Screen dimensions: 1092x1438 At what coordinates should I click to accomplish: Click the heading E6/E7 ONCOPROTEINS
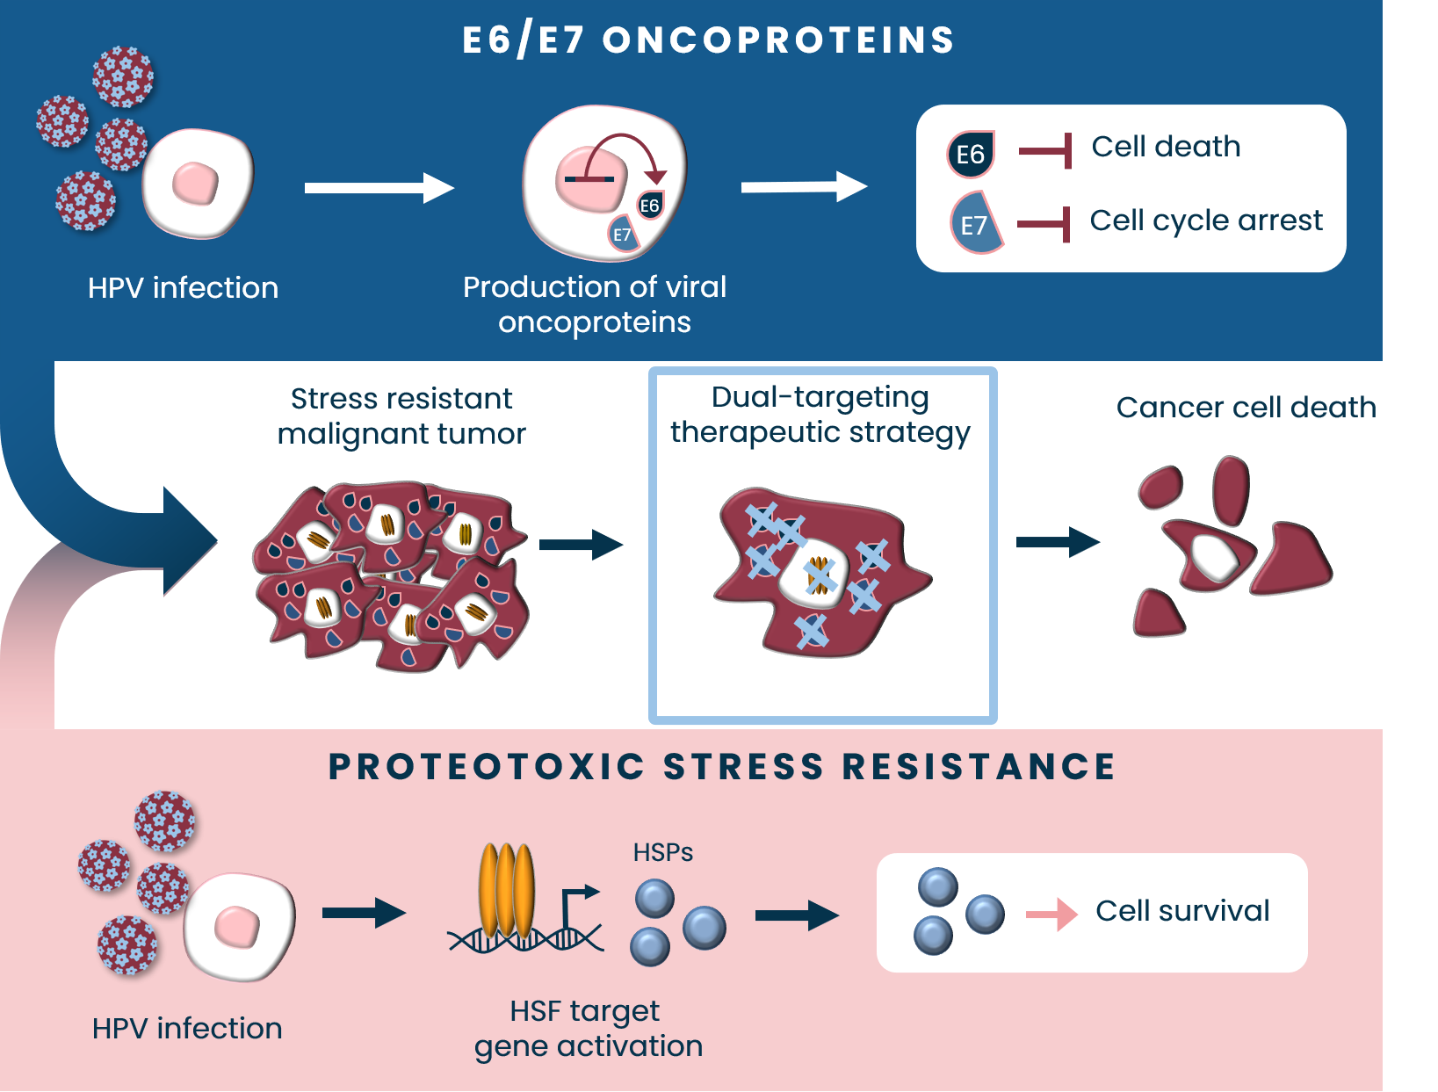tap(708, 40)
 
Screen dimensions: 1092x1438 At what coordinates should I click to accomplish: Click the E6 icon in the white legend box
tap(970, 155)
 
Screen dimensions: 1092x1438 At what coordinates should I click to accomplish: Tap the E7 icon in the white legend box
tap(974, 224)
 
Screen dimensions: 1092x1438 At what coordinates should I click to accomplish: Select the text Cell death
tap(1166, 147)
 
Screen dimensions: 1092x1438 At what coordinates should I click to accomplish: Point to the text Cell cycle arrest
tap(1205, 221)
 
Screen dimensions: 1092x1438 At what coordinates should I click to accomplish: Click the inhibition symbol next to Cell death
tap(1045, 151)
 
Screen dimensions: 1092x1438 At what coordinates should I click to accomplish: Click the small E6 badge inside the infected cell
tap(649, 206)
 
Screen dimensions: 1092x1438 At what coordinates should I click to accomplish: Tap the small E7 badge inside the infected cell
tap(622, 235)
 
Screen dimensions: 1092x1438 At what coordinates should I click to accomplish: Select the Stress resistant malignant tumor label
tap(401, 416)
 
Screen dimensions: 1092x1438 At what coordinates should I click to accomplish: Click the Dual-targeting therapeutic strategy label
tap(820, 415)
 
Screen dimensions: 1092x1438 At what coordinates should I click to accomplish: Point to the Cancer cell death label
tap(1245, 408)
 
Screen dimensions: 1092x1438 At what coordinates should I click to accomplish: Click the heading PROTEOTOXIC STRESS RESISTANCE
tap(721, 767)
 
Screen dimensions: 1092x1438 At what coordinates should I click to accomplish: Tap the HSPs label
tap(663, 852)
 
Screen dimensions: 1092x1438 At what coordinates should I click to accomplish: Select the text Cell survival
tap(1182, 911)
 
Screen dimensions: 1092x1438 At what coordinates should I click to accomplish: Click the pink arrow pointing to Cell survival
tap(1052, 915)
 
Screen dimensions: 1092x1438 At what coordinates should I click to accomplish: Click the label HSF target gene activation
tap(588, 1029)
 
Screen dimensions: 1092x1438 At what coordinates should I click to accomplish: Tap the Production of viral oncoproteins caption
tap(595, 305)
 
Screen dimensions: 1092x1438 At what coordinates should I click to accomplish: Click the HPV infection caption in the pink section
tap(187, 1029)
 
